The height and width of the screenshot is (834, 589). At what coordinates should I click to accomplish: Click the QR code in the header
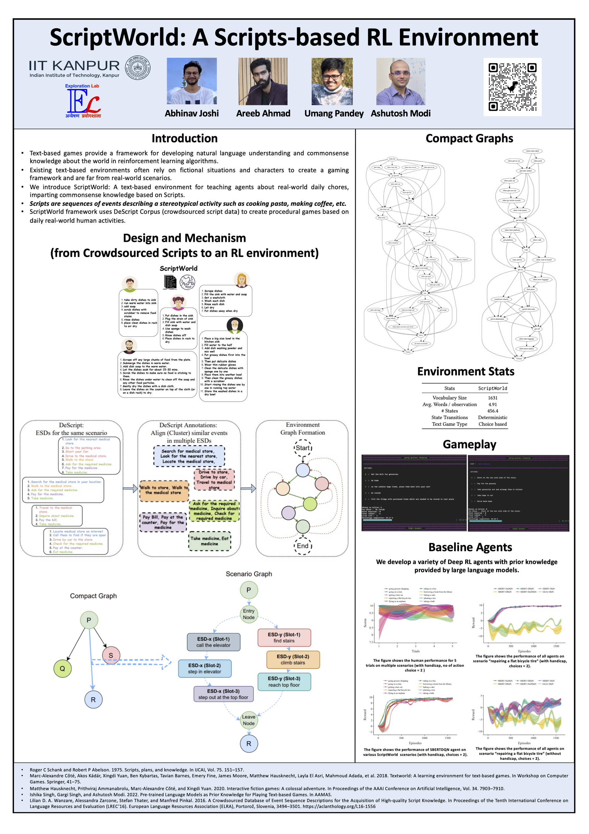(512, 87)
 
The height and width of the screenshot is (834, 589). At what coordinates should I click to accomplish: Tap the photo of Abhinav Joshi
(192, 81)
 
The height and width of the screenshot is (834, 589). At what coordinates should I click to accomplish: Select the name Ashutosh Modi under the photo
(401, 113)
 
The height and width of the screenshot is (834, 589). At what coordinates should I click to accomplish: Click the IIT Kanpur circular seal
(138, 68)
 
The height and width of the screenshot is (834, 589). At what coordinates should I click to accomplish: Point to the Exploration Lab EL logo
(83, 101)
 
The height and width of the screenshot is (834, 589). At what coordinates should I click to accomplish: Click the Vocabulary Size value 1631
(492, 398)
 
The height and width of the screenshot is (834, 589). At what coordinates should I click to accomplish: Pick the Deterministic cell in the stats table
(492, 417)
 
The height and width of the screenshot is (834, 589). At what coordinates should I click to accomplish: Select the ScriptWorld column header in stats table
(492, 388)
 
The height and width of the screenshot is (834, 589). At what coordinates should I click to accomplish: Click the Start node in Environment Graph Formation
(303, 448)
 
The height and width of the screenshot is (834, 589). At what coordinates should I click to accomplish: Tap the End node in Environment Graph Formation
(302, 546)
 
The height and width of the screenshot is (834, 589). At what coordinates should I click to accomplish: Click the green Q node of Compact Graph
(63, 668)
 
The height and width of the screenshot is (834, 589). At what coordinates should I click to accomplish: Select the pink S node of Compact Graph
(111, 655)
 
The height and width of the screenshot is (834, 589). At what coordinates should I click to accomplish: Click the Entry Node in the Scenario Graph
(249, 614)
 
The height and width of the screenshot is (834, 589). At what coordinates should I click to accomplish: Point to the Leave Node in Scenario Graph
(249, 720)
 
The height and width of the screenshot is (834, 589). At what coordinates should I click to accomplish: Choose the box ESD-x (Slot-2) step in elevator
(204, 668)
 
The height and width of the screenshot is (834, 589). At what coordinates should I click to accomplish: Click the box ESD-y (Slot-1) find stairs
(284, 637)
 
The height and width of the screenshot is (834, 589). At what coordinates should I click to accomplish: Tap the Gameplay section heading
(469, 444)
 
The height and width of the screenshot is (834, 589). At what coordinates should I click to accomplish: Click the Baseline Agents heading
(470, 547)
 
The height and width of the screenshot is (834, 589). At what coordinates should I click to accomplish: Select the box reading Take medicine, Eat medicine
(210, 541)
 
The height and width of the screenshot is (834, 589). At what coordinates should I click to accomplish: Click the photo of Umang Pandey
(332, 81)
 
